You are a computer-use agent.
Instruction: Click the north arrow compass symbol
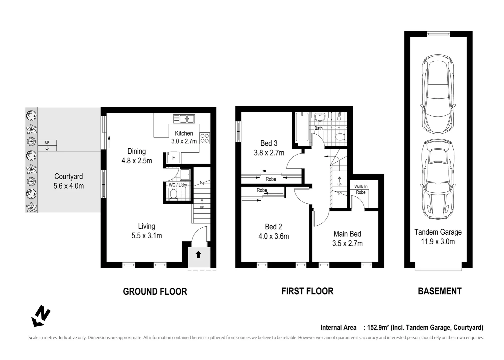click(x=41, y=315)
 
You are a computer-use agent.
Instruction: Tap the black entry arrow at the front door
click(x=198, y=255)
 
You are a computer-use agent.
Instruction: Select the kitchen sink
click(x=184, y=118)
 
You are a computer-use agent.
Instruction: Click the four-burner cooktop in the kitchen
click(x=205, y=138)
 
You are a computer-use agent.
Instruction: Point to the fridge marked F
click(x=174, y=158)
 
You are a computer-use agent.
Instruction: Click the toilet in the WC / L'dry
click(x=173, y=194)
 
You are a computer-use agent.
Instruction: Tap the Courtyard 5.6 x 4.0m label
click(x=69, y=181)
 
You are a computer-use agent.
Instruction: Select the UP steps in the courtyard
click(x=47, y=145)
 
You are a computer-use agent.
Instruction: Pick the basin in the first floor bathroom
click(x=320, y=117)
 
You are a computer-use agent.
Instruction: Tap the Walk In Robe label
click(x=361, y=189)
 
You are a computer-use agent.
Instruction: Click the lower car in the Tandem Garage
click(x=438, y=179)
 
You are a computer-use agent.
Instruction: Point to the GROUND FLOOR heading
click(x=155, y=291)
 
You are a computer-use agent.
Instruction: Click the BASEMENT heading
click(x=439, y=291)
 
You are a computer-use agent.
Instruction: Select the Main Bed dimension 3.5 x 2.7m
click(x=347, y=243)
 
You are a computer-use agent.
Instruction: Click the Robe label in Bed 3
click(x=271, y=179)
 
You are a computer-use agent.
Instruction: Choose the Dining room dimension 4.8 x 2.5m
click(x=137, y=161)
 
